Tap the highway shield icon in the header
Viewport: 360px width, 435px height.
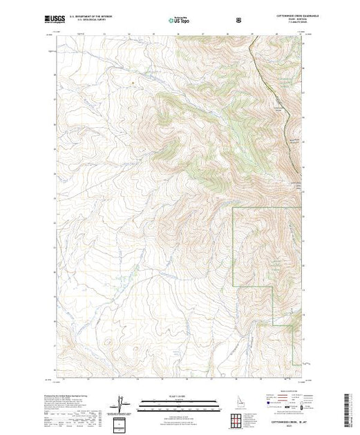[239, 20]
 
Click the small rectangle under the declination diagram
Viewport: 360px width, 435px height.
[122, 422]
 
